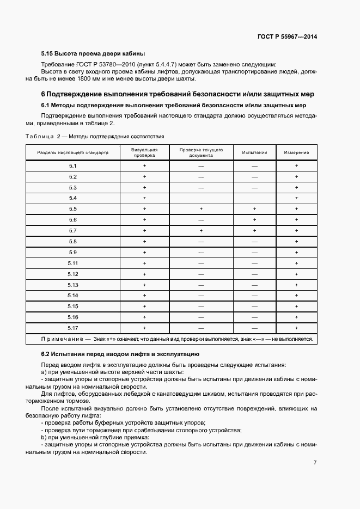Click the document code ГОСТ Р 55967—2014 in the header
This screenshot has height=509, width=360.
[286, 37]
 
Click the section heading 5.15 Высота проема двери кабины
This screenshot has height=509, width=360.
[93, 54]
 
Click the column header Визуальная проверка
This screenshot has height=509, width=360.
[145, 152]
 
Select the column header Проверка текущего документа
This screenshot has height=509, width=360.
[201, 152]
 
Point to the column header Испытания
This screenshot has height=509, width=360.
[254, 152]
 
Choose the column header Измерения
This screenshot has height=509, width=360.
[296, 152]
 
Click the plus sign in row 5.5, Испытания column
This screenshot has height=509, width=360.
[254, 209]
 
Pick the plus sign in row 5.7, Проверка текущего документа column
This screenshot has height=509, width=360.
[201, 230]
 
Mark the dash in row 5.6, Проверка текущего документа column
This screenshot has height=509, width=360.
[201, 220]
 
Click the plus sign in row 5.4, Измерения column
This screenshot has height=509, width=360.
[296, 198]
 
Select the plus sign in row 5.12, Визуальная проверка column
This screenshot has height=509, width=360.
[145, 274]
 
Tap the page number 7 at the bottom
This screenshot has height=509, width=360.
[315, 463]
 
